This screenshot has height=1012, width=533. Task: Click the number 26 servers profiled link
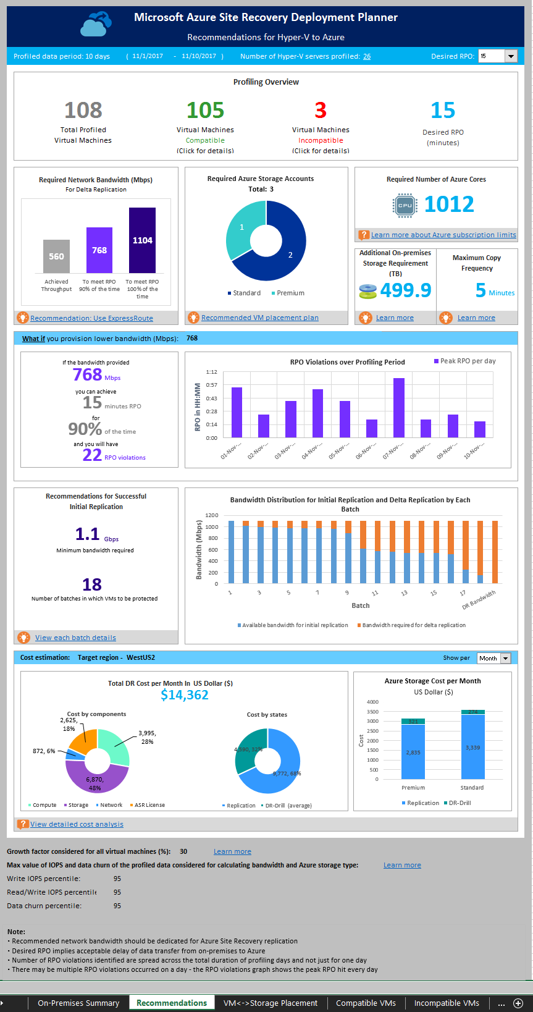point(367,56)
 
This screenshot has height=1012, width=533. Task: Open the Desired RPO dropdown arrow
point(511,56)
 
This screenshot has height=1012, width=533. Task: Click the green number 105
point(205,111)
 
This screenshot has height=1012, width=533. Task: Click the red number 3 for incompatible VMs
point(320,111)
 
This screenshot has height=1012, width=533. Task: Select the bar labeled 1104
point(142,240)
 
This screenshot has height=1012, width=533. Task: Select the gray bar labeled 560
point(56,256)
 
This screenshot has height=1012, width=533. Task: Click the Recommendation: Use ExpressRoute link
point(91,318)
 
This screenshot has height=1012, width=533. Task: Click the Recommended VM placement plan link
point(259,318)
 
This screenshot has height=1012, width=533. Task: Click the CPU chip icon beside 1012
point(405,205)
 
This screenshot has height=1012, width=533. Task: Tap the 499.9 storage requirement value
point(406,290)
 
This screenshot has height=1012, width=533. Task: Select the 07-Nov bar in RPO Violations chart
point(399,408)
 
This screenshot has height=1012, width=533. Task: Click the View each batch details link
point(75,638)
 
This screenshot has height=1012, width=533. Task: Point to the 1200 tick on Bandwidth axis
point(212,515)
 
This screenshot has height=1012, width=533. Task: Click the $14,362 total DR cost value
point(185,695)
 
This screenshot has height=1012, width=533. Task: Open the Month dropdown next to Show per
point(505,658)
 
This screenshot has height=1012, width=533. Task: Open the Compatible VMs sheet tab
point(366,1003)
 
